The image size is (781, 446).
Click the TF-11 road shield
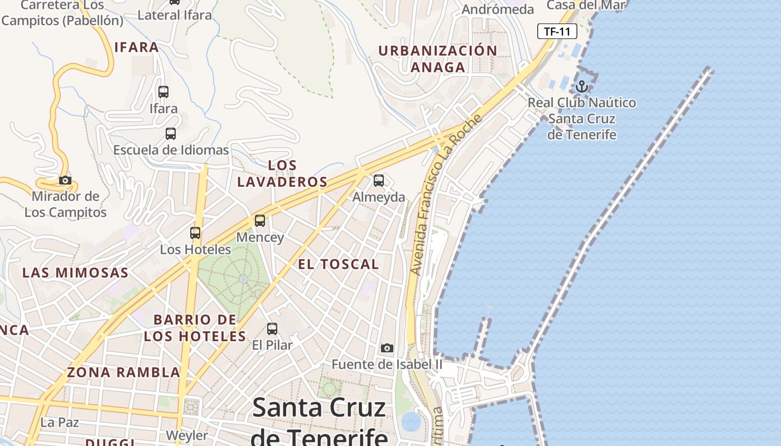[x=557, y=31]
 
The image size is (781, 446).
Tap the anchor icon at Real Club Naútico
[x=582, y=86]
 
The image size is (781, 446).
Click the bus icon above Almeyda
[x=379, y=181]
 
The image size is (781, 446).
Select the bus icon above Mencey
[x=260, y=220]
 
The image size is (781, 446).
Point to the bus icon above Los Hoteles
[x=195, y=233]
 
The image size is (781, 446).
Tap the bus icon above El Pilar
[x=272, y=329]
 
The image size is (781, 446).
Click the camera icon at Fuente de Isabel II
[x=387, y=348]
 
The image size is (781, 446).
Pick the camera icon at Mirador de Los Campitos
[x=65, y=180]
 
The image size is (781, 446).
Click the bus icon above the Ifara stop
[x=163, y=92]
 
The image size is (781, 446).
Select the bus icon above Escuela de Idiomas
[x=171, y=134]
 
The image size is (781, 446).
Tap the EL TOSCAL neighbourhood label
[x=339, y=264]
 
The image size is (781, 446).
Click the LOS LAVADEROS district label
[x=282, y=174]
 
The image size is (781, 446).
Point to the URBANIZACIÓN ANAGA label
[x=438, y=59]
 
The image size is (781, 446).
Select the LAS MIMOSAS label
[x=75, y=273]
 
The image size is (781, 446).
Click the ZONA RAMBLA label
[x=123, y=372]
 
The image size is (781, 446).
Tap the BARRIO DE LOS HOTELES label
[x=195, y=328]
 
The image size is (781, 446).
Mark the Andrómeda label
[x=498, y=9]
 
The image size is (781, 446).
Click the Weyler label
[x=187, y=435]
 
